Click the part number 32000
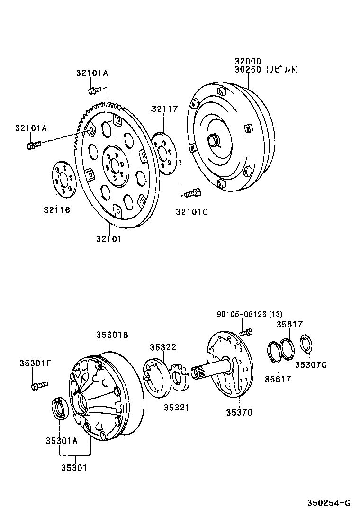[x=248, y=61]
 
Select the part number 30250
[x=248, y=69]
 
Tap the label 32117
[x=164, y=109]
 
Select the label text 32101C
[x=192, y=212]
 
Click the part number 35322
[x=163, y=347]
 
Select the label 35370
[x=239, y=412]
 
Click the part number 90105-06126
[x=242, y=314]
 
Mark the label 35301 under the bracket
[x=74, y=468]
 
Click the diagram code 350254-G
[x=328, y=503]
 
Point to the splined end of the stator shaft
[x=198, y=372]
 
